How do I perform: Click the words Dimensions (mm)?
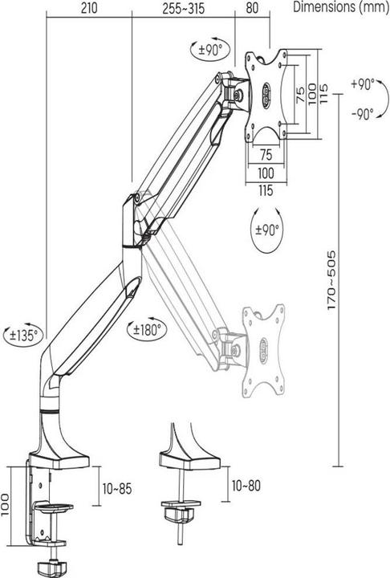(340, 8)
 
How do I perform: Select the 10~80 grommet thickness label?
(246, 485)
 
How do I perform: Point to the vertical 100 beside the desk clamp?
(8, 504)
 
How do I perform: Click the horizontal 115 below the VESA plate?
(266, 189)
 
